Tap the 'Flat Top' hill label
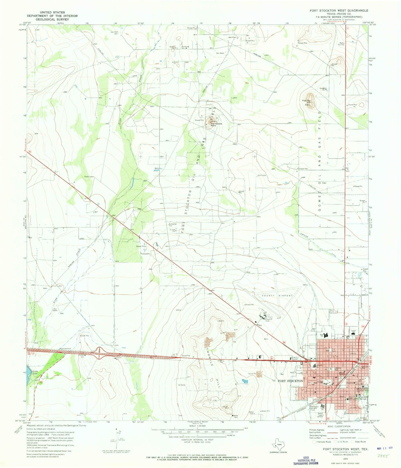pyautogui.click(x=306, y=100)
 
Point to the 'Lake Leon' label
pyautogui.click(x=35, y=372)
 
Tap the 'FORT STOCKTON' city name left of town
pyautogui.click(x=290, y=381)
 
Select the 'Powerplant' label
pyautogui.click(x=145, y=253)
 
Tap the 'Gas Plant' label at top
pyautogui.click(x=233, y=37)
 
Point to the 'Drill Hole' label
pyautogui.click(x=262, y=175)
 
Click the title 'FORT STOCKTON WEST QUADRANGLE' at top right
pyautogui.click(x=339, y=10)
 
